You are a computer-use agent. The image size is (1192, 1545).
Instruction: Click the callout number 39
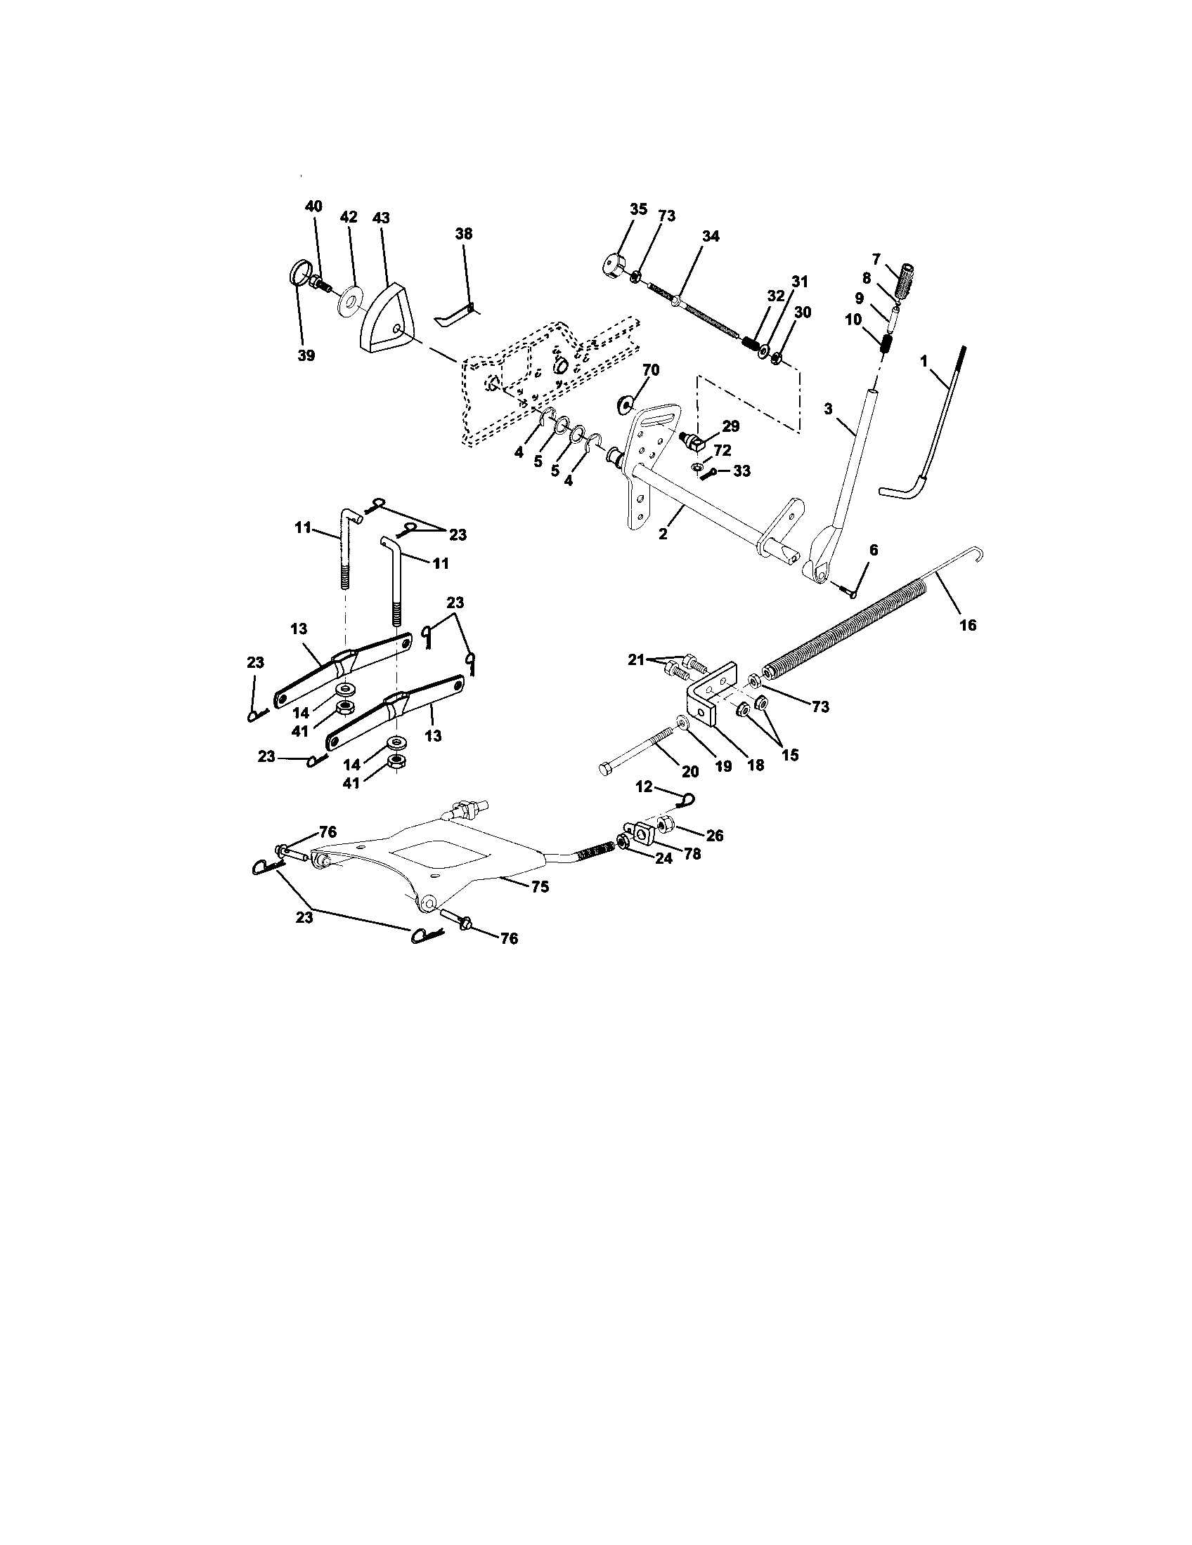point(306,355)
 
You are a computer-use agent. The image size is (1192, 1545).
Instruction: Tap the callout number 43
point(381,218)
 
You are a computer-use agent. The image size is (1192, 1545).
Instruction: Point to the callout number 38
point(464,233)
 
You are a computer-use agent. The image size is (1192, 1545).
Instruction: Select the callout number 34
point(710,236)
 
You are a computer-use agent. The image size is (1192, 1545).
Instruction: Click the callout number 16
point(968,624)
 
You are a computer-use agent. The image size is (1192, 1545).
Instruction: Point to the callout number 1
point(924,361)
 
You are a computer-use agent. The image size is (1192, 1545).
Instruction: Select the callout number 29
point(730,426)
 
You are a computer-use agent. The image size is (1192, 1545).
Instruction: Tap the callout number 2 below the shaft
point(663,534)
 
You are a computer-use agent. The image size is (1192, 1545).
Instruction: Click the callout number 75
point(540,886)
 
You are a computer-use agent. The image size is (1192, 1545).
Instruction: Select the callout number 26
point(715,836)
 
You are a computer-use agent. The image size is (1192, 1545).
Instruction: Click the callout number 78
point(692,854)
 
